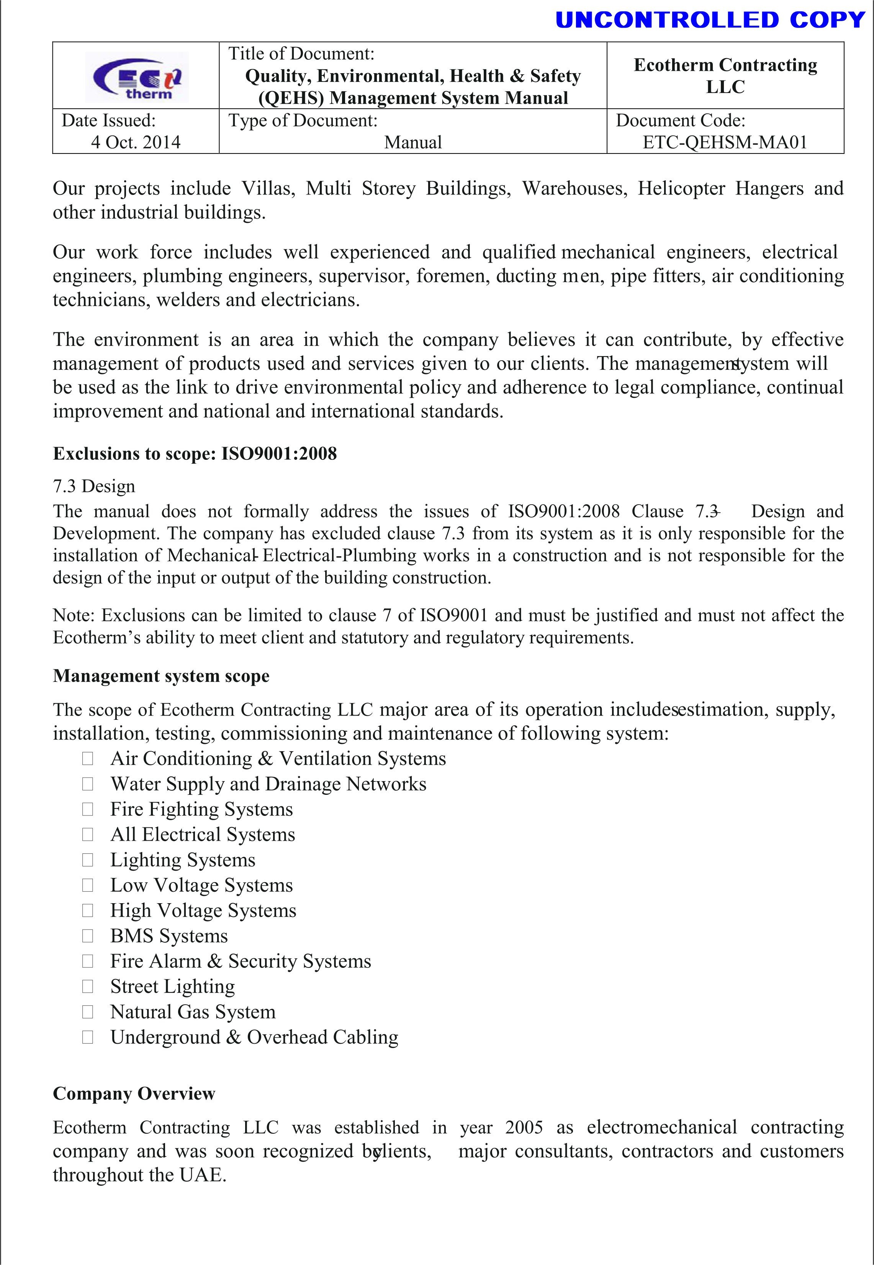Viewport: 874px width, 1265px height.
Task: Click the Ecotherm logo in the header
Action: pos(137,77)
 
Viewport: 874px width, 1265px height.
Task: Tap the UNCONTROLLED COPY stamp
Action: pos(710,20)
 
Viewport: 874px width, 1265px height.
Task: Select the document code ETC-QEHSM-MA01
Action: pos(725,142)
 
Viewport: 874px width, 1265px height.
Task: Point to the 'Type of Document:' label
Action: pos(303,121)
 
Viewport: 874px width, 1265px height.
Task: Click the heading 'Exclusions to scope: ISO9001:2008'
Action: pos(195,454)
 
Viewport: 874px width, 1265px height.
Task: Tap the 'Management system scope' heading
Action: pos(161,676)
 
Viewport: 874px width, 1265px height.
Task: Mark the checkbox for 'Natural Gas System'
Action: pos(88,1012)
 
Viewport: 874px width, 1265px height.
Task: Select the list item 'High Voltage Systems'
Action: pos(203,910)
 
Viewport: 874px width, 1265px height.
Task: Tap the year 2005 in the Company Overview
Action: pos(524,1128)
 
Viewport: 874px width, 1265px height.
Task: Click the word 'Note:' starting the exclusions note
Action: pos(74,615)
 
